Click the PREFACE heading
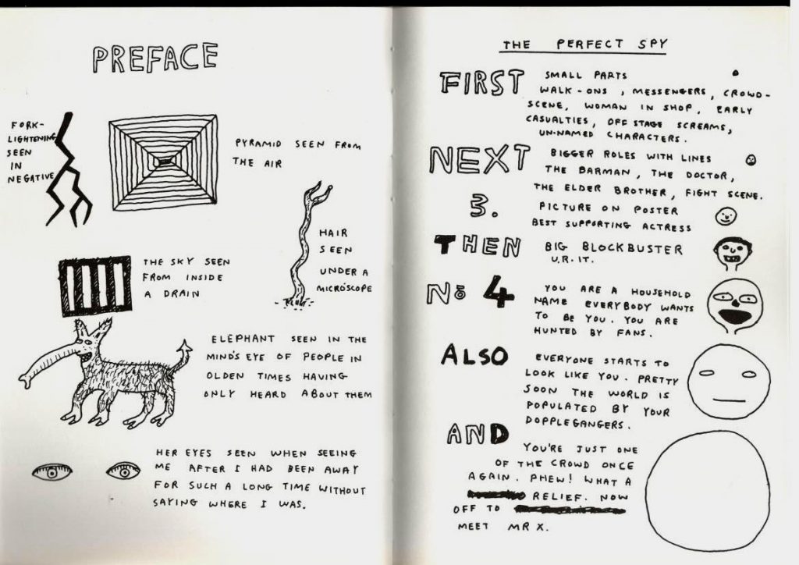coord(155,58)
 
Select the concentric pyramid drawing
coord(164,162)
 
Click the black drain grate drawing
coord(94,286)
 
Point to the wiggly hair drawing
coord(305,244)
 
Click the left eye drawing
coord(51,472)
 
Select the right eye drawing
coord(123,471)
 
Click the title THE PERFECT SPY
coord(584,44)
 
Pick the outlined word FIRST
coord(481,83)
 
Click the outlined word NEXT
coord(478,158)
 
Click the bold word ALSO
coord(474,354)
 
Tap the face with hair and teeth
coord(733,253)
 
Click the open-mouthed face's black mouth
coord(733,316)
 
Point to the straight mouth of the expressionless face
coord(730,400)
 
